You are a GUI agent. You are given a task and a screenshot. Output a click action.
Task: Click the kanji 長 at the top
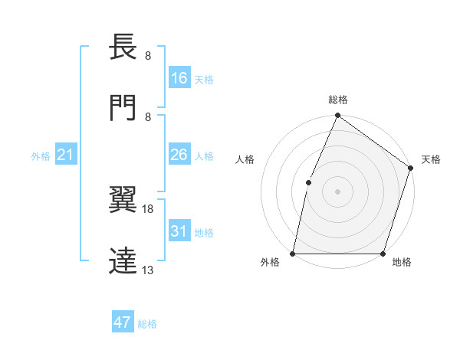pos(123,48)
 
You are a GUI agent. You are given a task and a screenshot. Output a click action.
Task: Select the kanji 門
pos(123,108)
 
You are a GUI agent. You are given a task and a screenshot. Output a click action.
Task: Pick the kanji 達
pos(123,260)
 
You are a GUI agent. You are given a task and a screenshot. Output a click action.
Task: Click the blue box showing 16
pos(179,78)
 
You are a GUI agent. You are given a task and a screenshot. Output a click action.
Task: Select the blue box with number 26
pos(179,155)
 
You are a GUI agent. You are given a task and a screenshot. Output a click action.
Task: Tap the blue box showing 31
pos(179,231)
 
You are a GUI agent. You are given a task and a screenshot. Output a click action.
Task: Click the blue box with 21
pos(66,155)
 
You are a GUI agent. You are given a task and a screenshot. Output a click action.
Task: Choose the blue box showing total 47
pos(123,322)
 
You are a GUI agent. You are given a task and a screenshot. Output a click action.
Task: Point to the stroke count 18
pos(148,208)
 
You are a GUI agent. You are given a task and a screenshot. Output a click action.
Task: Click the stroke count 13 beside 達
pos(148,270)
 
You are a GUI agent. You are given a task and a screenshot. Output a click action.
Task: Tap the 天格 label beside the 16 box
pos(203,80)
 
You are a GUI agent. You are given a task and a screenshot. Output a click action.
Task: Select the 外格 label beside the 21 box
pos(41,156)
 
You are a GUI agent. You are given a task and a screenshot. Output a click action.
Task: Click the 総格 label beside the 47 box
pos(147,324)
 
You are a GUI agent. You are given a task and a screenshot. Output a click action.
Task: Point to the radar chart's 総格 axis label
pos(337,100)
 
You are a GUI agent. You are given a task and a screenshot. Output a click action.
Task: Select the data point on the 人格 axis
pos(308,182)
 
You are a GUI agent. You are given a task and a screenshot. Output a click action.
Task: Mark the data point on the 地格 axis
pos(383,254)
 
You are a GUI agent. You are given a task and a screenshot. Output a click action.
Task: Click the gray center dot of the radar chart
pos(337,191)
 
